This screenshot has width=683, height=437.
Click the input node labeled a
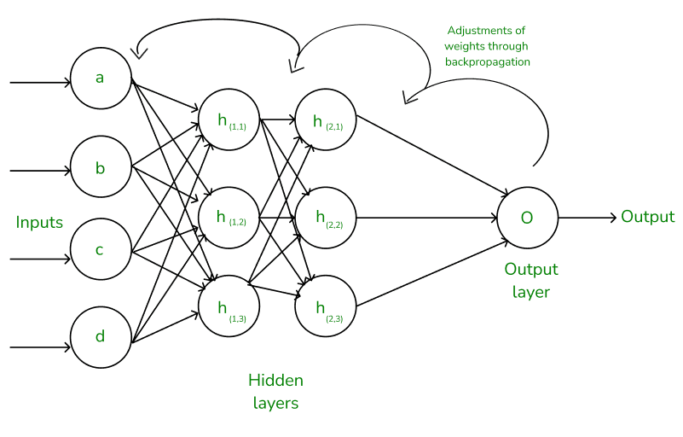pyautogui.click(x=101, y=79)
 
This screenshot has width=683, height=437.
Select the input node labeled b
pyautogui.click(x=101, y=168)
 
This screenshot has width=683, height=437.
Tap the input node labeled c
pyautogui.click(x=101, y=251)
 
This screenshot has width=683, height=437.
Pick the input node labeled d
pyautogui.click(x=101, y=336)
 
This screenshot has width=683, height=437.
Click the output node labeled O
pyautogui.click(x=527, y=218)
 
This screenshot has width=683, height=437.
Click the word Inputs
pyautogui.click(x=39, y=223)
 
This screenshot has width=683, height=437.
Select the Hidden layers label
pyautogui.click(x=275, y=392)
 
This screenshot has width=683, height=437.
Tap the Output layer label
pyautogui.click(x=531, y=281)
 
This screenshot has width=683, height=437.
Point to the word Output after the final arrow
pyautogui.click(x=647, y=217)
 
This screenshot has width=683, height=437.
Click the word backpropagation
pyautogui.click(x=488, y=62)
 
